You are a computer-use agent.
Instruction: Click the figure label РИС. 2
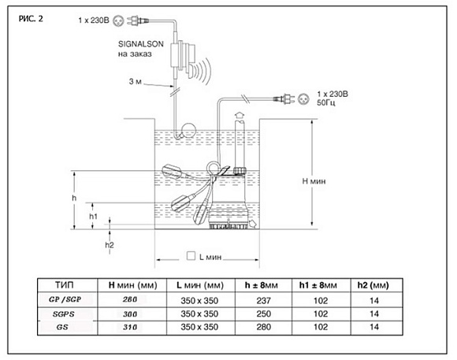click(31, 19)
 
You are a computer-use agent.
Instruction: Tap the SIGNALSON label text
click(141, 44)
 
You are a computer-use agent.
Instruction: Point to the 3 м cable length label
click(135, 81)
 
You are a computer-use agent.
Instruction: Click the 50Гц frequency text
click(326, 102)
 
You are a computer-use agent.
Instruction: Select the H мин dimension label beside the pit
click(314, 181)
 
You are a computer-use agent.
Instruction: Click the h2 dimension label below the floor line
click(110, 245)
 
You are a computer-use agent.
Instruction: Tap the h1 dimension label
click(93, 217)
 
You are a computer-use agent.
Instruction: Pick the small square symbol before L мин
click(191, 256)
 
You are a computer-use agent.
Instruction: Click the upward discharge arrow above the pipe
click(240, 114)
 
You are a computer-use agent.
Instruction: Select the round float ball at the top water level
click(189, 130)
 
